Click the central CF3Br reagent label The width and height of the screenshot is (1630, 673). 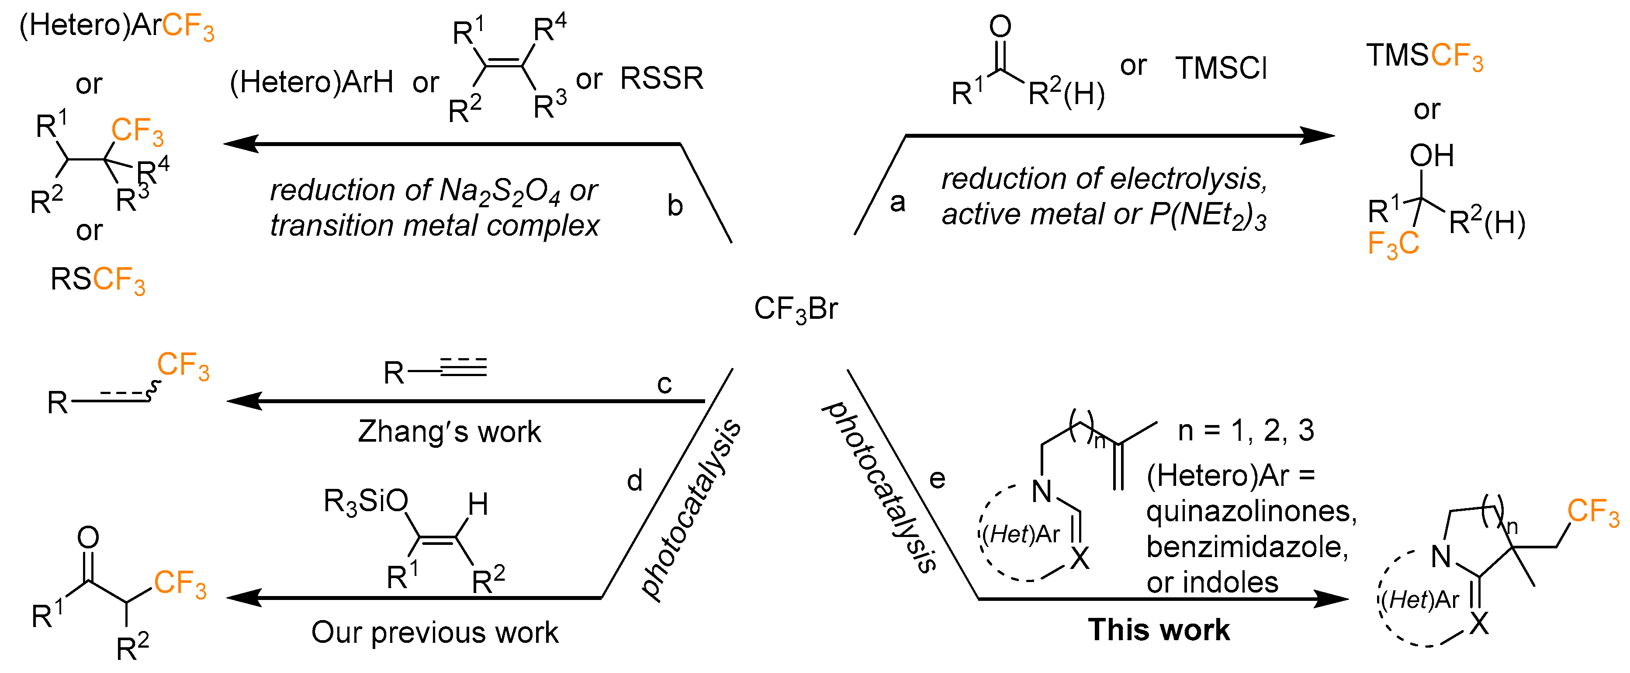796,310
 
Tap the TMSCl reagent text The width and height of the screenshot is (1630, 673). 1221,68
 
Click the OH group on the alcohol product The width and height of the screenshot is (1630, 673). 1431,156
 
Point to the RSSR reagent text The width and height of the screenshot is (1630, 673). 661,79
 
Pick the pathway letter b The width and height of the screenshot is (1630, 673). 675,206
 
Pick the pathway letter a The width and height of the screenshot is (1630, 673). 897,202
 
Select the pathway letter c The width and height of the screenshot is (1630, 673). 664,384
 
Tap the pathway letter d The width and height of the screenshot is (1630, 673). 635,481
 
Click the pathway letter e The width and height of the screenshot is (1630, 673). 937,479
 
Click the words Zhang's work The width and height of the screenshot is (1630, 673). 449,432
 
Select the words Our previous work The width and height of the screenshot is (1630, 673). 435,632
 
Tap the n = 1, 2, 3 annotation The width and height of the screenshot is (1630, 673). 1245,430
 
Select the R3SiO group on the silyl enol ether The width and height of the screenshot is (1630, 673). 365,502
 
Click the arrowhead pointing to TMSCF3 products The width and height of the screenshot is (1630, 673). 1319,136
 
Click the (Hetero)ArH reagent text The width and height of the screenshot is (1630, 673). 311,82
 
